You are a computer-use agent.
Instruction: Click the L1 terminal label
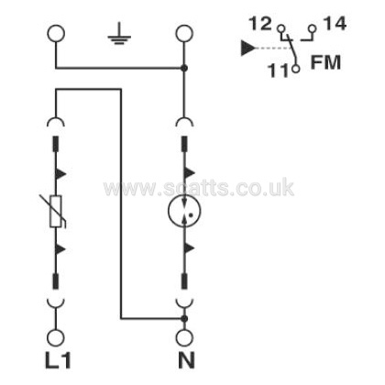(x=58, y=360)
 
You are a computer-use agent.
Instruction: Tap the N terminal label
(x=186, y=360)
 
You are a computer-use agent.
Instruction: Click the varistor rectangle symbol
(x=56, y=211)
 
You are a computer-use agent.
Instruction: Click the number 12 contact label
(x=260, y=24)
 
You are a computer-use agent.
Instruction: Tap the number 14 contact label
(x=335, y=24)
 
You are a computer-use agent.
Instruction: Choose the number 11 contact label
(x=278, y=70)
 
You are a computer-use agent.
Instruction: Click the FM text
(x=325, y=62)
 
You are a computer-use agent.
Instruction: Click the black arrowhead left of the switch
(x=247, y=48)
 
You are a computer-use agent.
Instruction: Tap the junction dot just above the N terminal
(x=184, y=319)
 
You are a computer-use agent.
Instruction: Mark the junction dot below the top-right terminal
(x=184, y=68)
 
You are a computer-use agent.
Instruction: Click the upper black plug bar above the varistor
(x=56, y=144)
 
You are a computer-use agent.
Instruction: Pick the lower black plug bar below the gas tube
(x=184, y=281)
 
